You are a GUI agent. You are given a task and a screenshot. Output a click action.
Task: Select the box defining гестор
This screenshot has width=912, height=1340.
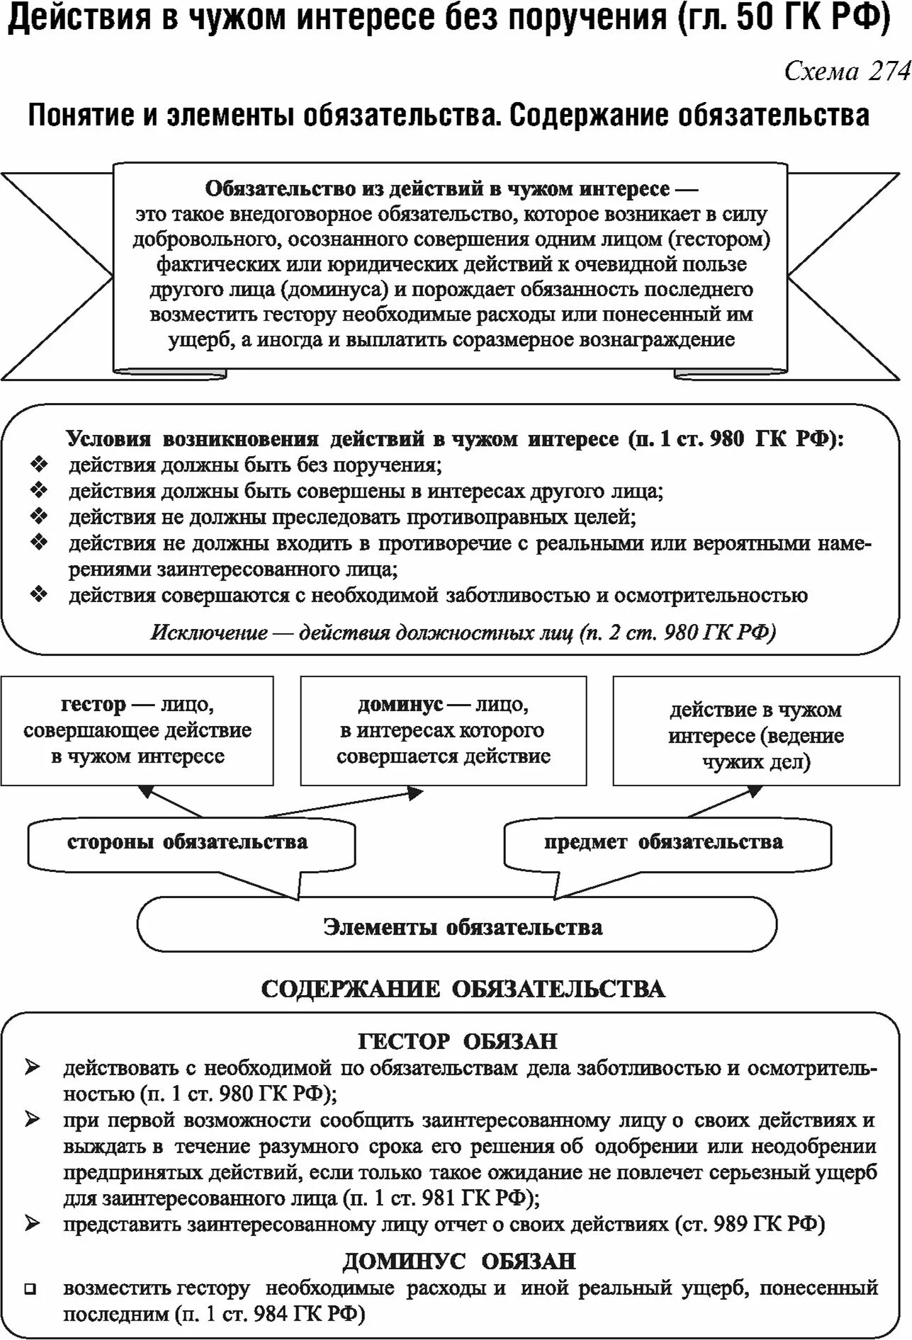click(x=137, y=730)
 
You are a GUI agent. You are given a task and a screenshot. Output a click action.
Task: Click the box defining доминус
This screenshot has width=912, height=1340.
click(x=444, y=730)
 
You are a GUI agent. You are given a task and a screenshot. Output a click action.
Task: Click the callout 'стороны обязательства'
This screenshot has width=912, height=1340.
click(x=188, y=842)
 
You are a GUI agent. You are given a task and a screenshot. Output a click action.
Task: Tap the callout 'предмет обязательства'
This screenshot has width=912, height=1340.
click(x=663, y=842)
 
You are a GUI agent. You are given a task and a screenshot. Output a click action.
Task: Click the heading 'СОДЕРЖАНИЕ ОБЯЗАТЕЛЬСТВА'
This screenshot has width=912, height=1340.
click(x=463, y=989)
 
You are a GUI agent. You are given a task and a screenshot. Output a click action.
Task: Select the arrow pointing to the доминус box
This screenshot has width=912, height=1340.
click(x=340, y=804)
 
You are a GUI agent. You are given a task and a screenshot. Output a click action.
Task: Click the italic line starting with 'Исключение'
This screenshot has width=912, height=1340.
click(x=463, y=632)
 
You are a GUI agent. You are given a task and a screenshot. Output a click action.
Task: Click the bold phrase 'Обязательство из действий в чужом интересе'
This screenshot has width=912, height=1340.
click(x=437, y=189)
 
